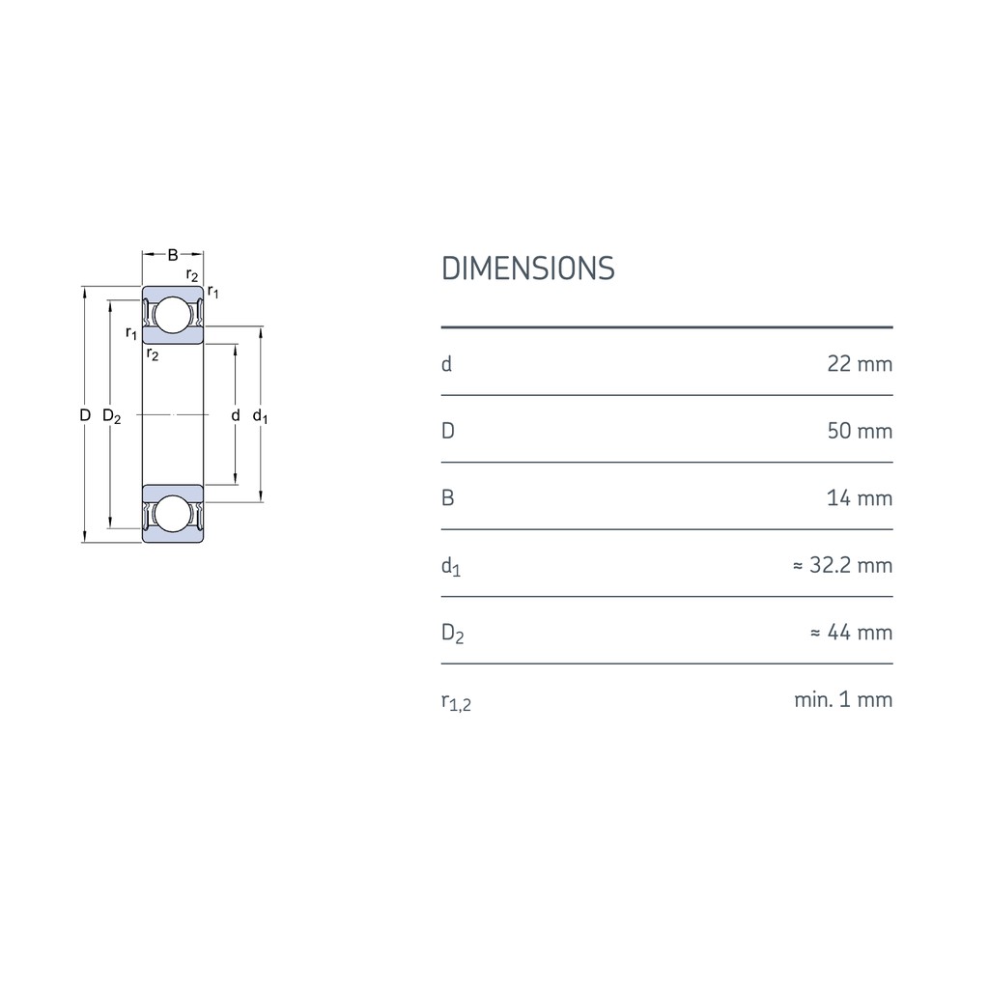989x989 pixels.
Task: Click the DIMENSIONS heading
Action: [x=527, y=268]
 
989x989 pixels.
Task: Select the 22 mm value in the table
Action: [x=860, y=364]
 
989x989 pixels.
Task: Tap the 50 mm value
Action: [x=860, y=431]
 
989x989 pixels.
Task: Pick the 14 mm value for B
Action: [x=860, y=498]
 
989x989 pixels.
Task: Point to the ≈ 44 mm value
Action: [x=850, y=633]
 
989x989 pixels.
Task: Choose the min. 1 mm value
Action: [x=843, y=699]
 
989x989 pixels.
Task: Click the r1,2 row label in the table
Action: [x=456, y=702]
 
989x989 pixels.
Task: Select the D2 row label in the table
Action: [x=452, y=635]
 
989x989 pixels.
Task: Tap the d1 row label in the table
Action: [x=450, y=567]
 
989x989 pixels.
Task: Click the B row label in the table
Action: [x=447, y=498]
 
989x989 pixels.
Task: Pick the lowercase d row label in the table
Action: [x=446, y=364]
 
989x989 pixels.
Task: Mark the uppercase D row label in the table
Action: [x=447, y=431]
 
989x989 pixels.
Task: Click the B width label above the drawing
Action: [x=173, y=255]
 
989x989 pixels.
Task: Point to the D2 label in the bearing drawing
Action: [x=111, y=416]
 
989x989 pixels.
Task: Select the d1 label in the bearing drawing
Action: [x=260, y=416]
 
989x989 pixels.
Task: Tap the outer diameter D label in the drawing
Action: [x=85, y=415]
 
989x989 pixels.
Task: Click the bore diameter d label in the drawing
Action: [x=235, y=415]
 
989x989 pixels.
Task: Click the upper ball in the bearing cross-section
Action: [x=173, y=316]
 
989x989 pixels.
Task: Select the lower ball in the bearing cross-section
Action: [x=173, y=514]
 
